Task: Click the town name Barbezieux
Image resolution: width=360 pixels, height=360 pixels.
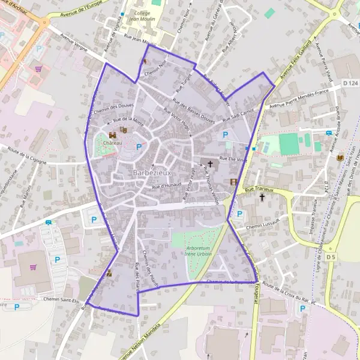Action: [x=153, y=173]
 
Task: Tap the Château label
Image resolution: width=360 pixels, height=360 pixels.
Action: [x=113, y=143]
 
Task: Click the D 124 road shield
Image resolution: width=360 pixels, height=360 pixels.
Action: [x=351, y=82]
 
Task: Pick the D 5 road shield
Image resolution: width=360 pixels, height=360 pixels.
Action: [x=331, y=257]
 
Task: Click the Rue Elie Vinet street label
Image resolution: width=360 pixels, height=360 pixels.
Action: [x=233, y=160]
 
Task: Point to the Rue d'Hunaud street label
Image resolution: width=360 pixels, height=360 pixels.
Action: [x=166, y=186]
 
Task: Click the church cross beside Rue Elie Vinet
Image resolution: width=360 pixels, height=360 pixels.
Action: [x=210, y=163]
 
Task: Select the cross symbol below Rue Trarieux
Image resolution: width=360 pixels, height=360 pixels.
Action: [x=262, y=197]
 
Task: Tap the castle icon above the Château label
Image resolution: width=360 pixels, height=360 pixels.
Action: [x=112, y=135]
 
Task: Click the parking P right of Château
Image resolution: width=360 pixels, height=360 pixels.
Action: [x=139, y=147]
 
